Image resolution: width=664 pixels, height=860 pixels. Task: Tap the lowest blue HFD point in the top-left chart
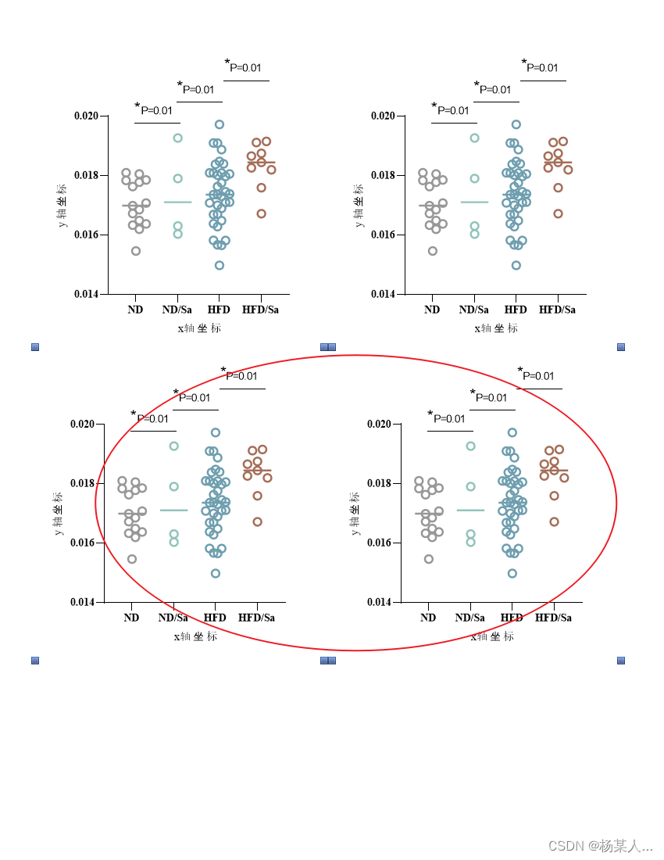click(x=220, y=265)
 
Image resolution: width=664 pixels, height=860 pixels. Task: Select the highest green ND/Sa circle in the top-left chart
click(x=178, y=138)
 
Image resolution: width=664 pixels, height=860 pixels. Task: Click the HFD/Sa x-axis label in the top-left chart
click(x=260, y=310)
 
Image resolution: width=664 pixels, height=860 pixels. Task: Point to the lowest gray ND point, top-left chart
click(x=136, y=251)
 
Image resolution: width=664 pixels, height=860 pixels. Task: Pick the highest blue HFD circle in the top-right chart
click(x=516, y=124)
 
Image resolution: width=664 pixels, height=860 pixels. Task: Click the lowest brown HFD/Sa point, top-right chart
click(x=559, y=213)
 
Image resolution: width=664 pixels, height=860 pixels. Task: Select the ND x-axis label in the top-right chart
click(x=432, y=310)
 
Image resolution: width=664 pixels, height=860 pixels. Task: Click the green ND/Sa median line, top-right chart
click(x=474, y=202)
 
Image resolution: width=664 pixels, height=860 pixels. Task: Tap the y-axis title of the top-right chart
click(x=358, y=205)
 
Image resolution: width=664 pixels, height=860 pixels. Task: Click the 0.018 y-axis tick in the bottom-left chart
click(x=82, y=483)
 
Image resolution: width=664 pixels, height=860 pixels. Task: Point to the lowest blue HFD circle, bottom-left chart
click(x=216, y=573)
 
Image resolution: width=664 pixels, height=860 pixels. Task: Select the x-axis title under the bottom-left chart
click(x=195, y=636)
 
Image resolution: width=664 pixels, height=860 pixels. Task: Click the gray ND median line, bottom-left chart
click(x=132, y=514)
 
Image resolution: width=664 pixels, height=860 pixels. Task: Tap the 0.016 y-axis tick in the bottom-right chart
click(x=379, y=543)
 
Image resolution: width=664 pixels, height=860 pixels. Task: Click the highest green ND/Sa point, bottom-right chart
click(x=471, y=446)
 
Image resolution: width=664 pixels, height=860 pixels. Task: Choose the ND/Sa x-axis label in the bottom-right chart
click(x=470, y=618)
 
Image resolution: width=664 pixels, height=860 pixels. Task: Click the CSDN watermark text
click(x=600, y=846)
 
